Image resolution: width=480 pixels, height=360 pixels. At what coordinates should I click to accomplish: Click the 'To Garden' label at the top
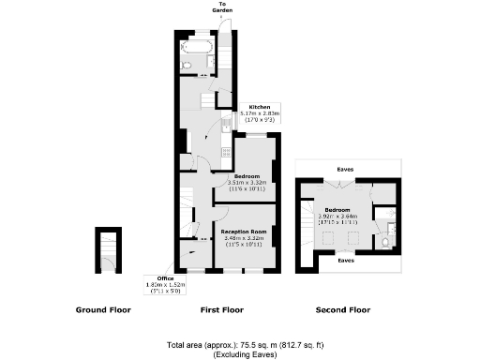pos(222,7)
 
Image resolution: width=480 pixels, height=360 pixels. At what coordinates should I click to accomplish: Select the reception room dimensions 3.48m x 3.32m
pos(244,238)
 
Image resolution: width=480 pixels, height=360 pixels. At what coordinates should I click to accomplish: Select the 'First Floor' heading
pos(222,309)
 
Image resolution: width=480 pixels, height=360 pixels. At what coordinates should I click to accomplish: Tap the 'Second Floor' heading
pos(342,309)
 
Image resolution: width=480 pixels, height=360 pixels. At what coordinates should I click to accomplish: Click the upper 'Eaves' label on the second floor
pos(346,170)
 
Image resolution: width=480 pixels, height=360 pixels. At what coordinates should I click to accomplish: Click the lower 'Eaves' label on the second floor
pos(346,261)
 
